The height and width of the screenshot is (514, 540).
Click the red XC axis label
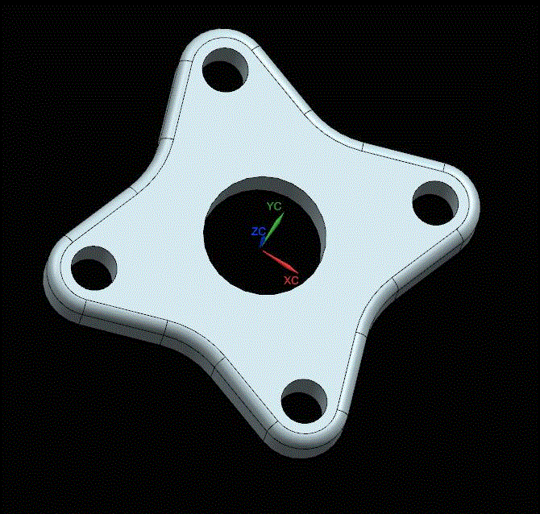tap(291, 280)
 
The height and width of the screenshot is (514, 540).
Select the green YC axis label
tap(274, 206)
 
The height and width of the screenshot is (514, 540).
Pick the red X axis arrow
tap(282, 262)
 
